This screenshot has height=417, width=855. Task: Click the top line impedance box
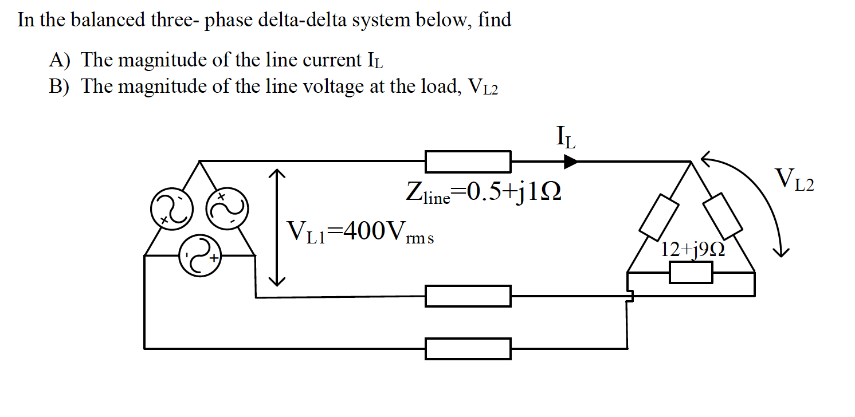tap(468, 162)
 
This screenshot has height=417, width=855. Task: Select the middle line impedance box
tap(468, 296)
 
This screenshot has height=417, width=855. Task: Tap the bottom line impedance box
tap(468, 348)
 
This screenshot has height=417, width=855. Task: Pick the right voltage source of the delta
tap(226, 210)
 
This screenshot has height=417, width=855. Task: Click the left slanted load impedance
tap(658, 217)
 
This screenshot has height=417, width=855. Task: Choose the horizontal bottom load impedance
tap(691, 272)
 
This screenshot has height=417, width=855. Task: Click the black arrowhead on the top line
tap(571, 162)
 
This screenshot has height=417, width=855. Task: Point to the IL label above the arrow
tap(566, 137)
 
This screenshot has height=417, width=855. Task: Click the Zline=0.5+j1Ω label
tap(483, 193)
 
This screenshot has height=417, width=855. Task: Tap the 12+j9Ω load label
tap(692, 250)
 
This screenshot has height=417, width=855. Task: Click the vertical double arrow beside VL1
tap(277, 227)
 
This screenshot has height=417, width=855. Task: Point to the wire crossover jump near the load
tap(630, 296)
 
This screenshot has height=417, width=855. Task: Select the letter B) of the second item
tap(58, 86)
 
